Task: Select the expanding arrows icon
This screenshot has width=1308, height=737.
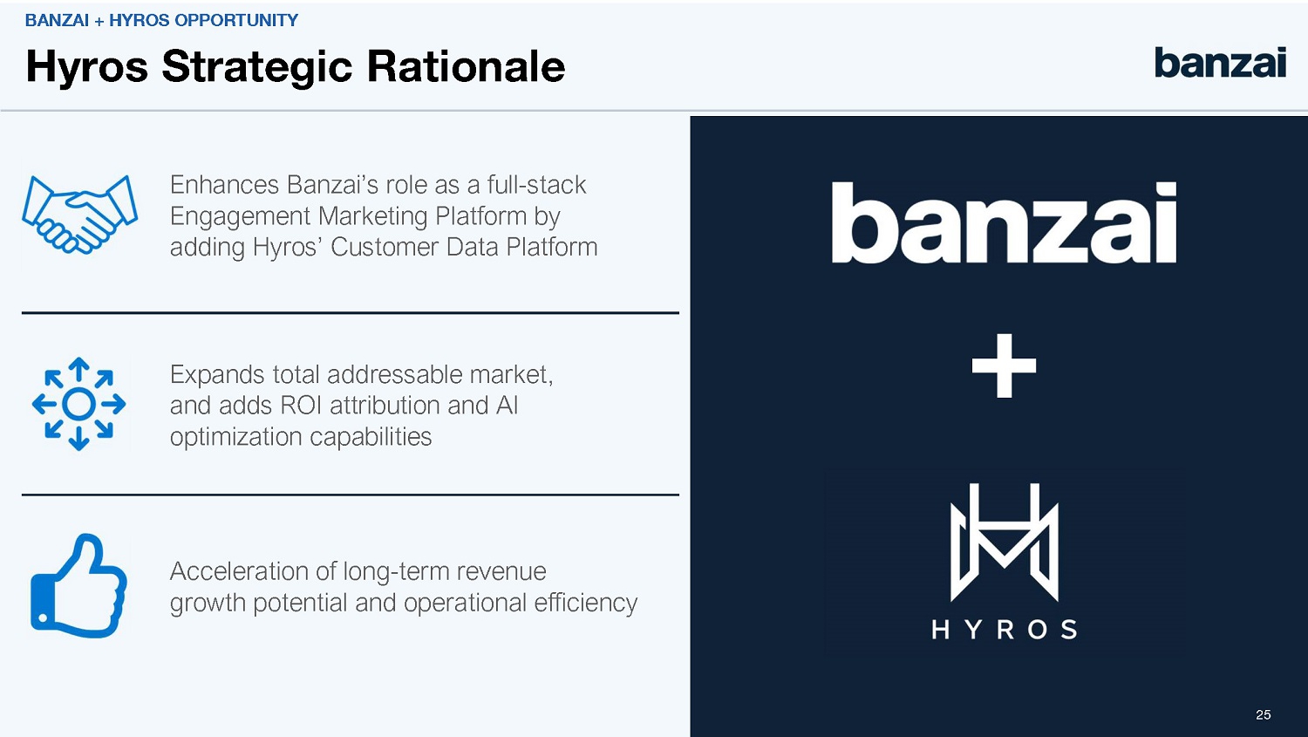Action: [x=78, y=404]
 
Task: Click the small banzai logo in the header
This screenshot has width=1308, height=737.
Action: [x=1220, y=63]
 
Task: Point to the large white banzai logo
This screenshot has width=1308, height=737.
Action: [x=1004, y=222]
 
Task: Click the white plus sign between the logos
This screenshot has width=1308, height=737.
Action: [x=1004, y=366]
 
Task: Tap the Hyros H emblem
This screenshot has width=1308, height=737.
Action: [x=1005, y=542]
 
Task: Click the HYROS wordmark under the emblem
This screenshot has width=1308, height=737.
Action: [x=1005, y=630]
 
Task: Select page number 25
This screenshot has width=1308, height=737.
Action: [x=1263, y=715]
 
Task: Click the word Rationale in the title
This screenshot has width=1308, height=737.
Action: [x=466, y=66]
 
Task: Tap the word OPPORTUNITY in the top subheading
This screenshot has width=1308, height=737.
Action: [x=236, y=20]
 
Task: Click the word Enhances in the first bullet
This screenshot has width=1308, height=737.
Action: [x=224, y=185]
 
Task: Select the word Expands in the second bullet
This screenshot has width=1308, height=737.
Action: [x=216, y=376]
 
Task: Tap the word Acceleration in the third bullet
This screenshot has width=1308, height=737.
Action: [x=239, y=571]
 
